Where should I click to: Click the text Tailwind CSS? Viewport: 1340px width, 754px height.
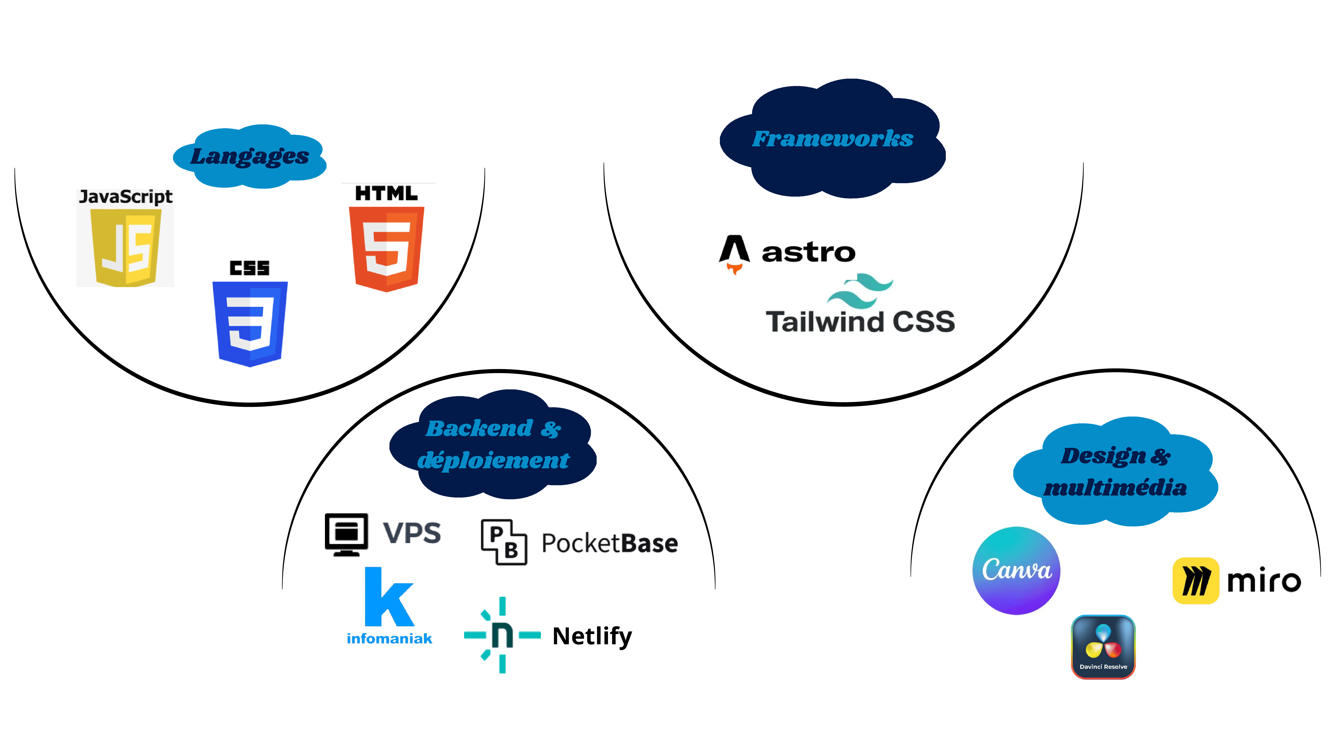[x=860, y=321]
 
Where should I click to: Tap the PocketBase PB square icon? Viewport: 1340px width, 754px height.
[x=504, y=542]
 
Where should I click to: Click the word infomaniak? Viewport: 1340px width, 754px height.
[x=389, y=638]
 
